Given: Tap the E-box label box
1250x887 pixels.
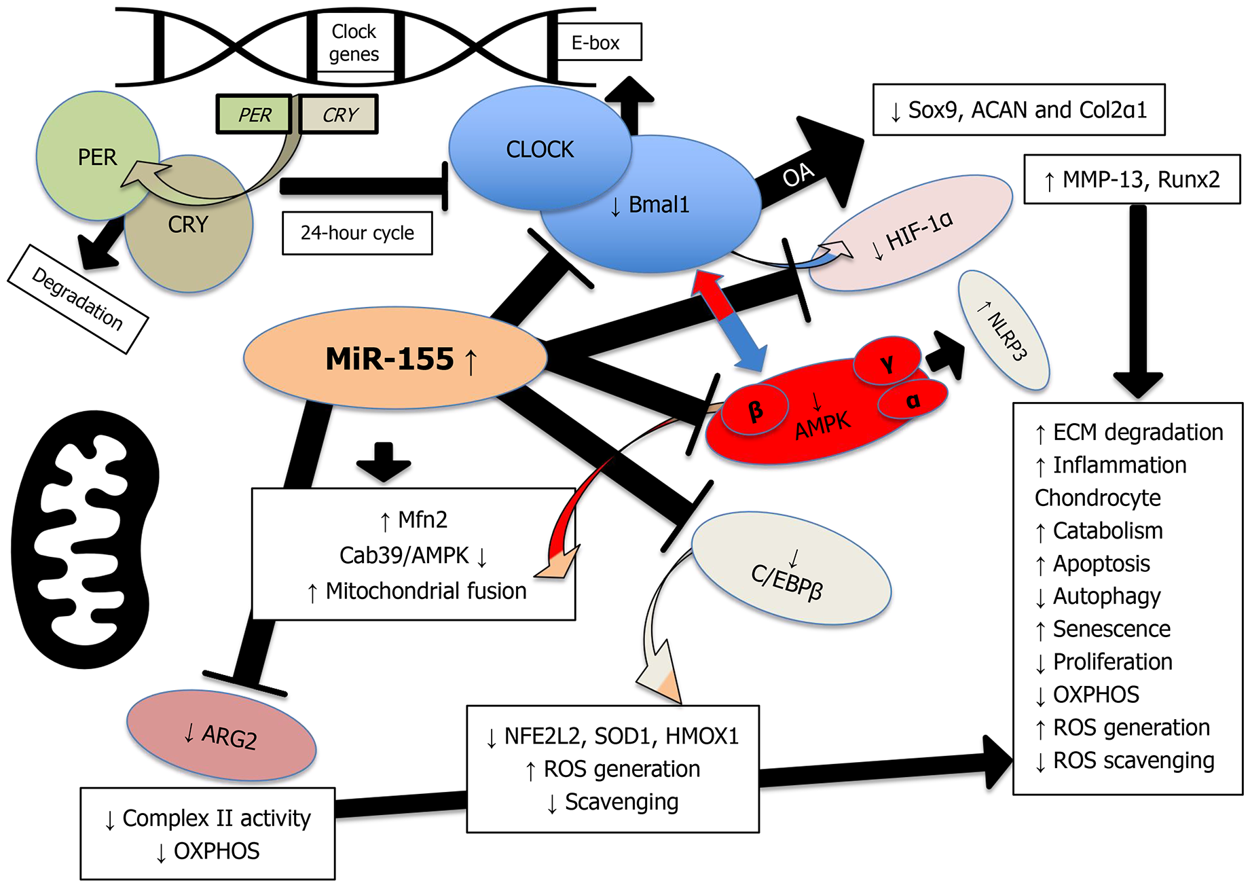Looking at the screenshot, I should point(595,43).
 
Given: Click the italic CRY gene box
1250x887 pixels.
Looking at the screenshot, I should point(339,115).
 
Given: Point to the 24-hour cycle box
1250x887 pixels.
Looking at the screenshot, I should point(357,233).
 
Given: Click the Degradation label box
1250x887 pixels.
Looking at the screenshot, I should point(77,300).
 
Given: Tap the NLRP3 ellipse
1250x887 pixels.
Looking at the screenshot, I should point(1004,331).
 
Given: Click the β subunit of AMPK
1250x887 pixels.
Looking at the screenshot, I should point(754,411).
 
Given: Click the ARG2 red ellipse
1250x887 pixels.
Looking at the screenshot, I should point(221,736).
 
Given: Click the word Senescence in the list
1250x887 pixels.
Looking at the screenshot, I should point(1111,629).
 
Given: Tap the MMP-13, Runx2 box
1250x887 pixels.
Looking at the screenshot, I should point(1131,179).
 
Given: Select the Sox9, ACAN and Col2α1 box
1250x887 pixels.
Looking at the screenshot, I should point(1018,110).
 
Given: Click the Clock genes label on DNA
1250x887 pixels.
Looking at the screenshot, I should point(354,43).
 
